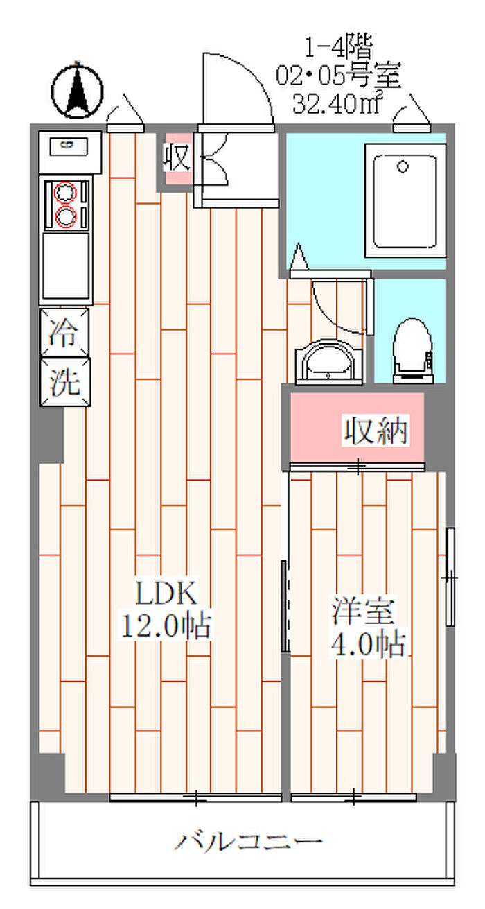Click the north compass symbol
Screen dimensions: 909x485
pos(78,89)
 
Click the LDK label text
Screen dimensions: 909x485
pos(166,594)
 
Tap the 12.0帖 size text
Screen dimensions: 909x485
pos(166,626)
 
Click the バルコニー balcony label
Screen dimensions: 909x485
pos(248,842)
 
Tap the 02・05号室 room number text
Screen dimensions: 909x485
pos(338,75)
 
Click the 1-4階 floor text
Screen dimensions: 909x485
pos(339,48)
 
